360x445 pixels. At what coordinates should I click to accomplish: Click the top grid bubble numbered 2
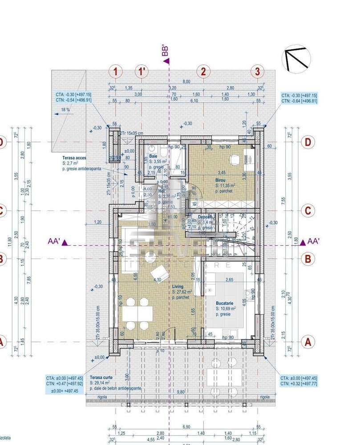(203, 71)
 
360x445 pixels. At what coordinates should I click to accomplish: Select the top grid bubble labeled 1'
(142, 71)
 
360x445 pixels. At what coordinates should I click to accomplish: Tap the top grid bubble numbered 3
(257, 71)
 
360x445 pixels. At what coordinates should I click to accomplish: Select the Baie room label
(153, 157)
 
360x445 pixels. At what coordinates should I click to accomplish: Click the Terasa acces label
(74, 158)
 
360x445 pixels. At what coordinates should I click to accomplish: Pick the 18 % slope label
(65, 109)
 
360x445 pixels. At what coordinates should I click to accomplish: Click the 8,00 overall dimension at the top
(186, 81)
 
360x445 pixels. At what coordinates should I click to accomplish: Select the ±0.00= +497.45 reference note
(62, 391)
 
